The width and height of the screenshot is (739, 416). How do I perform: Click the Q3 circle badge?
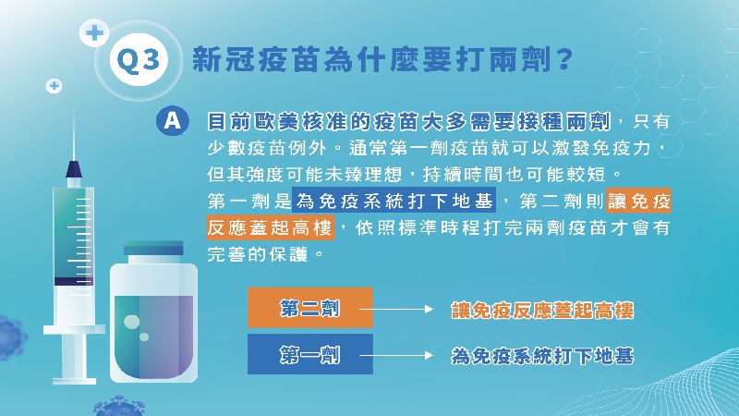(x=139, y=59)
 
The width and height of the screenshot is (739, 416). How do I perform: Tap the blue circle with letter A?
(x=173, y=121)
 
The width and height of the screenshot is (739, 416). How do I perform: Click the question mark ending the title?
(x=563, y=59)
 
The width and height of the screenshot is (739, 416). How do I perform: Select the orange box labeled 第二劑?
(x=310, y=308)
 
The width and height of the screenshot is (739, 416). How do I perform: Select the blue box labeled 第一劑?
(x=310, y=354)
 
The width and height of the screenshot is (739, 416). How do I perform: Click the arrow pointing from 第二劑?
(x=396, y=309)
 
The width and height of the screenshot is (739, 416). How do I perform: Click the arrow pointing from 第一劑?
(x=396, y=355)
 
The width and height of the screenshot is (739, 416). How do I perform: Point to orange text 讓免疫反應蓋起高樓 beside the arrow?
(x=542, y=311)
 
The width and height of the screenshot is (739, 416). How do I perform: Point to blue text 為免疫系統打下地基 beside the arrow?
(x=542, y=356)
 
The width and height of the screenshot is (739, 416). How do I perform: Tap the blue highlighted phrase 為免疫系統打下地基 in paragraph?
(x=394, y=201)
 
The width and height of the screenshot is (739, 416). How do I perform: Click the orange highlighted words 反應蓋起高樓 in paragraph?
(x=271, y=227)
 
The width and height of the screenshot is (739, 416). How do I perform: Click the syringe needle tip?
(x=74, y=111)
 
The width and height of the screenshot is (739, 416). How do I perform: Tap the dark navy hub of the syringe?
(x=74, y=169)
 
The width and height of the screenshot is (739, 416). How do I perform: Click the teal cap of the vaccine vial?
(x=153, y=248)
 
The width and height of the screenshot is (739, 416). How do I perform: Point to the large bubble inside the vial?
(x=131, y=322)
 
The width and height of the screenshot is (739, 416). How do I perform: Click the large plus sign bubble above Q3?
(x=94, y=33)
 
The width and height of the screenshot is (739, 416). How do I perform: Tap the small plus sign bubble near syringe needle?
(x=55, y=86)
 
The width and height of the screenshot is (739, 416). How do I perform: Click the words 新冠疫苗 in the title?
(x=240, y=59)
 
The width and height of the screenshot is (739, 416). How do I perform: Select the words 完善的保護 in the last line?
(x=258, y=255)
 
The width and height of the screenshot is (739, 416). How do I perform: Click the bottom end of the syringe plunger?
(x=74, y=380)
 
